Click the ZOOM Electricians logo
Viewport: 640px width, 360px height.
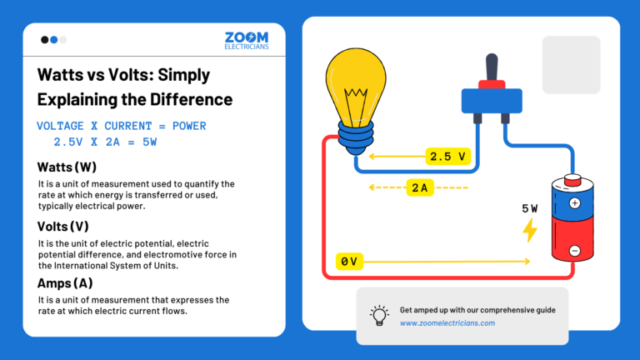(x=246, y=42)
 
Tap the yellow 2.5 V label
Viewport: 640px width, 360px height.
(x=451, y=156)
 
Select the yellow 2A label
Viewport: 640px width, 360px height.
(x=418, y=187)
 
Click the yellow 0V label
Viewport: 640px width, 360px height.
(x=348, y=262)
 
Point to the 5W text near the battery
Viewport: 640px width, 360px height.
(x=531, y=208)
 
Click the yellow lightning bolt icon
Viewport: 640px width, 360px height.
(x=529, y=230)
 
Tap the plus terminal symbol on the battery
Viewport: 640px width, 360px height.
(x=574, y=202)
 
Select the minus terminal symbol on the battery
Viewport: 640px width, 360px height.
(x=574, y=250)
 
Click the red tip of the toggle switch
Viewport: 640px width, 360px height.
(x=492, y=82)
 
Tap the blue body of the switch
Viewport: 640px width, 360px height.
(x=491, y=101)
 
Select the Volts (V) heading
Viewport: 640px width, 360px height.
(x=62, y=226)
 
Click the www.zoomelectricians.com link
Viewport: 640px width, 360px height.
(x=447, y=323)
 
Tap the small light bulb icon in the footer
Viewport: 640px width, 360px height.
(x=379, y=316)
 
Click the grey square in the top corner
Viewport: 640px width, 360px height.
(x=571, y=65)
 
